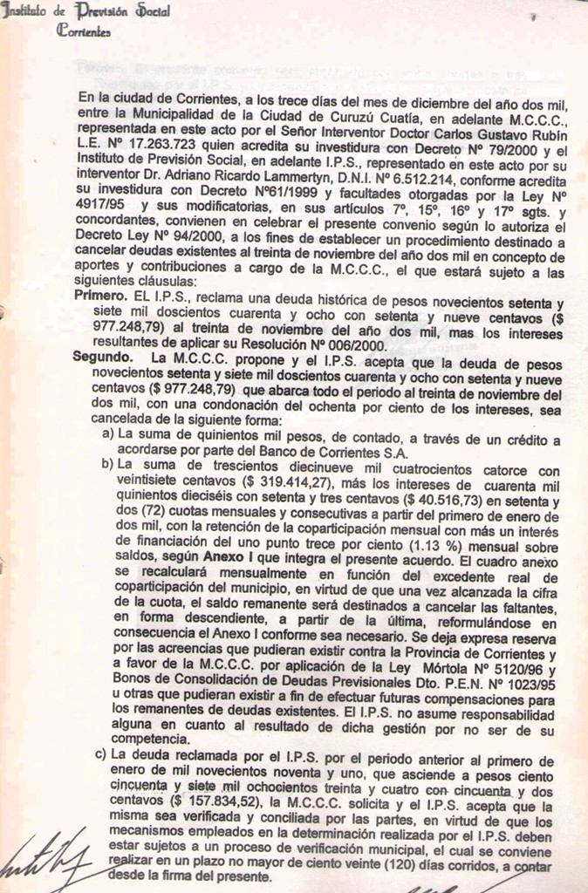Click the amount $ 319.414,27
click(287, 480)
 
